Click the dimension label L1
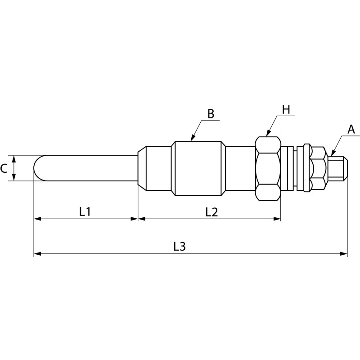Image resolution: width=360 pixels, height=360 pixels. click(x=85, y=211)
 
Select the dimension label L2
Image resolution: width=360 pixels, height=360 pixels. click(x=211, y=211)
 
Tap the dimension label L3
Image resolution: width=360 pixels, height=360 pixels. click(x=180, y=246)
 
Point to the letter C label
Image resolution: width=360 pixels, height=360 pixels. click(x=4, y=169)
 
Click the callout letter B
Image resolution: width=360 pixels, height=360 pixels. click(x=211, y=114)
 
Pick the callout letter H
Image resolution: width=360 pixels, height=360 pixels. click(x=286, y=109)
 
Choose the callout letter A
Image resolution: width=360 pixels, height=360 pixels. click(x=351, y=130)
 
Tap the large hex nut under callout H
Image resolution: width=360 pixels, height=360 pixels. click(x=268, y=168)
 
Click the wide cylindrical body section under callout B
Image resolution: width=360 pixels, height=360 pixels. click(x=198, y=168)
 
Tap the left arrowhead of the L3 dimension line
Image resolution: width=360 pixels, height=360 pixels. click(x=37, y=254)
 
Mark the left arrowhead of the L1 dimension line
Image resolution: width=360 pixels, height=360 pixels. click(x=37, y=219)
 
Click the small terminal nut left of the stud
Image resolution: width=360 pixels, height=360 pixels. click(x=318, y=168)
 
